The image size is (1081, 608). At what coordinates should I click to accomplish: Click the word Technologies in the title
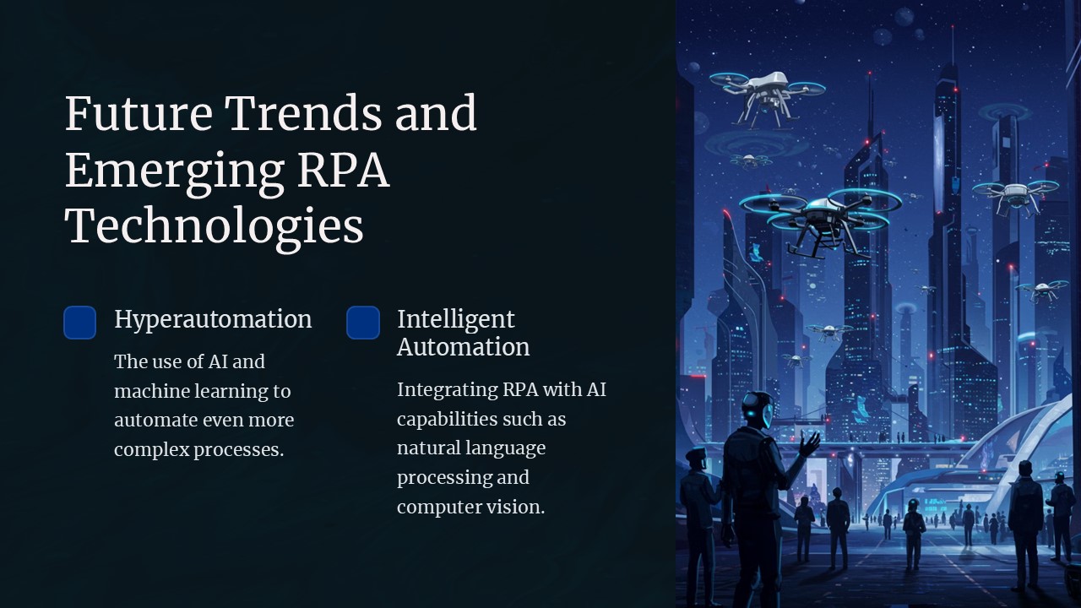(x=214, y=226)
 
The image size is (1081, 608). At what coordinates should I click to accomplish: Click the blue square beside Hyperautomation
(x=80, y=323)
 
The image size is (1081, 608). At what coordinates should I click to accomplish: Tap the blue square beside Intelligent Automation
(x=363, y=323)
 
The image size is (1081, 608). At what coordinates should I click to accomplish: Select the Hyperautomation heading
(x=213, y=319)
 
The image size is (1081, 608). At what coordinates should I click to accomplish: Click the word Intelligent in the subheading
(x=455, y=319)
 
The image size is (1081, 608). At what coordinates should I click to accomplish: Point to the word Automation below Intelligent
(x=463, y=347)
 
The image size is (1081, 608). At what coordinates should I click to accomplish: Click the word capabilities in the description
(x=447, y=419)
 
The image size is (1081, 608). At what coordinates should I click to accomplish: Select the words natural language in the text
(x=470, y=448)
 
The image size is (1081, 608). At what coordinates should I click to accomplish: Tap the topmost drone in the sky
(x=767, y=88)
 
